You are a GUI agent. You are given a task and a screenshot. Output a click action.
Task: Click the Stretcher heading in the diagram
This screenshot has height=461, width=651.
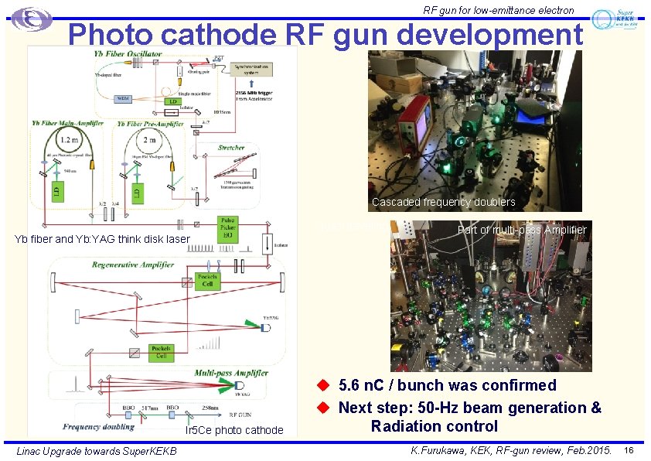point(230,147)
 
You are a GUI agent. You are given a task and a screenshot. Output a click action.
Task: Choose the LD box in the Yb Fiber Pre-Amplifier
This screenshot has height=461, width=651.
point(137,190)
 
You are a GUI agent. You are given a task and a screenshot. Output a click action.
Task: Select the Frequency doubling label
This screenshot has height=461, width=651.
point(101,426)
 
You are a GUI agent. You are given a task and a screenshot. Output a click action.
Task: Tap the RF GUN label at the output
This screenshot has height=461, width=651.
point(210,415)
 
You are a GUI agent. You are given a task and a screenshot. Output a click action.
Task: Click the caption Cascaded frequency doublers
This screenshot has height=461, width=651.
point(443,202)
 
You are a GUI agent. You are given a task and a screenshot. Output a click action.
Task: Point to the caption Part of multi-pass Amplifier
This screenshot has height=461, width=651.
point(522,230)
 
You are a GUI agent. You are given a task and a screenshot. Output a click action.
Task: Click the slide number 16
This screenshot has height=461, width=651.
point(629,450)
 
